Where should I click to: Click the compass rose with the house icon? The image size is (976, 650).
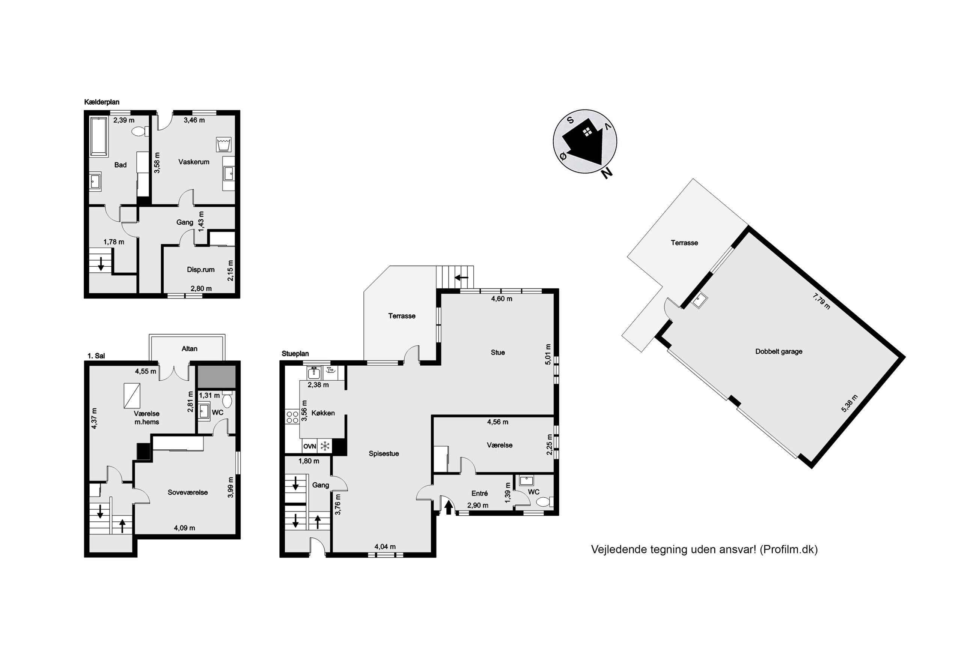coord(585,142)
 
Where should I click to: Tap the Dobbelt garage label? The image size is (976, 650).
coord(779,351)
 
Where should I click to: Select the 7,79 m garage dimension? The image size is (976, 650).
coord(821,302)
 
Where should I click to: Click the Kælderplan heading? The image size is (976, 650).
coord(102,102)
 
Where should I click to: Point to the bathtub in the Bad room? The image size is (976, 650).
coord(99,137)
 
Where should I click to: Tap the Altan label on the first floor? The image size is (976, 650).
coord(189,348)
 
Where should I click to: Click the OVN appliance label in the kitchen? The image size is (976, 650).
coord(309,446)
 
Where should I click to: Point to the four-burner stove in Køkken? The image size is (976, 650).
coord(292,417)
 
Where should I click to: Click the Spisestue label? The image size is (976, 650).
coord(384,454)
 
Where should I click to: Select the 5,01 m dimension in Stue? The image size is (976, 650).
coord(548,354)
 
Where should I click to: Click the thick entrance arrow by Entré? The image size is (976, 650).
coord(448,508)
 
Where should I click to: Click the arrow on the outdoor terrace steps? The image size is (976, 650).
coord(462,277)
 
